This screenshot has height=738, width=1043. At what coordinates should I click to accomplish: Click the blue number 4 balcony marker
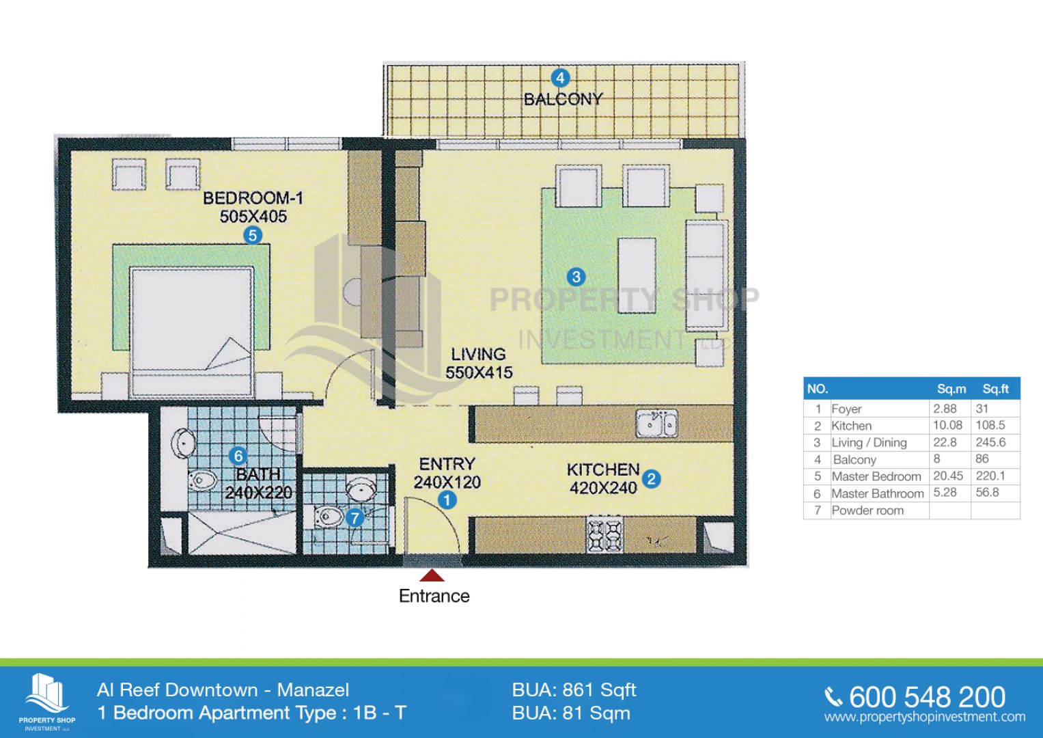[560, 78]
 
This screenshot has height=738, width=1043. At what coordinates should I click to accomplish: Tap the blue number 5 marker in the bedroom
[253, 235]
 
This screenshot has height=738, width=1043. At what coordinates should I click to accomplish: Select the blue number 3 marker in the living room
[576, 277]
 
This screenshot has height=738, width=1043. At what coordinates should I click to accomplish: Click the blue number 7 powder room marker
[354, 518]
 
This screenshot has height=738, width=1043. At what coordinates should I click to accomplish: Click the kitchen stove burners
[605, 535]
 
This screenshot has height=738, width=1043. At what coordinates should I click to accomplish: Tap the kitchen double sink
[657, 424]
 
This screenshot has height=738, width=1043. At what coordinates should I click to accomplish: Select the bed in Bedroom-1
[192, 331]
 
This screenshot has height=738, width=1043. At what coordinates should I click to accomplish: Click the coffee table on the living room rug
[637, 275]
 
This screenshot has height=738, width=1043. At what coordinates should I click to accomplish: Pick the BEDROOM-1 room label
[253, 198]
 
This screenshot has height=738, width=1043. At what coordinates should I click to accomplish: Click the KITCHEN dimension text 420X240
[603, 489]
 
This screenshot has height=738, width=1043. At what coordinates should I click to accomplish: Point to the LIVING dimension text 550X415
[479, 372]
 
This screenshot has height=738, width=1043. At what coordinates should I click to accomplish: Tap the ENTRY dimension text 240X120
[447, 482]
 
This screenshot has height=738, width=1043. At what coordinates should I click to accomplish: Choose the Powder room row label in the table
[867, 510]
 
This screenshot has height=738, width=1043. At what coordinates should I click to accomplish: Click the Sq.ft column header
[995, 389]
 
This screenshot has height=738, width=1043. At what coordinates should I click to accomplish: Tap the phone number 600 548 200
[927, 697]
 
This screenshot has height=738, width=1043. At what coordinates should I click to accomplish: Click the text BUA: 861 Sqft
[574, 690]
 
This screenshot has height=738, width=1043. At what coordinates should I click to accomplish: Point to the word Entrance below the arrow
[434, 596]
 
